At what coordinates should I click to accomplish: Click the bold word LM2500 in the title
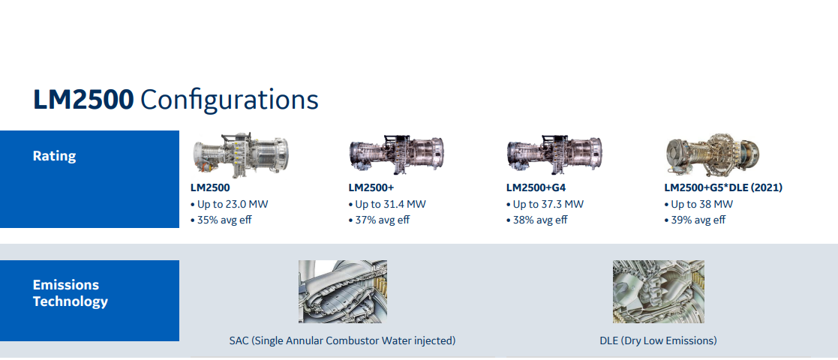(83, 100)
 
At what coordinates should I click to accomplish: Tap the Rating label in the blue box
(55, 156)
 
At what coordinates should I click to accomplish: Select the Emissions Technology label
(71, 293)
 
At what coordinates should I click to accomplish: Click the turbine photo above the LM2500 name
(241, 155)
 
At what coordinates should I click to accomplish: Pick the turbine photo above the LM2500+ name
(397, 155)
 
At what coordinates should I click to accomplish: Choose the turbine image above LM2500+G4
(554, 155)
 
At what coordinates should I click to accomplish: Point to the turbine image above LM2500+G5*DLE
(713, 154)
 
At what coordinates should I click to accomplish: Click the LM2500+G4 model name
(536, 188)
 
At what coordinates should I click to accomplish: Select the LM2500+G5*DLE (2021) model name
(724, 188)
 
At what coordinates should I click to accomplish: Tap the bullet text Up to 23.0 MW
(230, 205)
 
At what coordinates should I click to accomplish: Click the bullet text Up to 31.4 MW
(387, 205)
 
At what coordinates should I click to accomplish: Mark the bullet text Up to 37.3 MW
(545, 205)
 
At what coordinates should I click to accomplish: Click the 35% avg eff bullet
(221, 220)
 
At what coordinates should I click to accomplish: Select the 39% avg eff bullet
(695, 220)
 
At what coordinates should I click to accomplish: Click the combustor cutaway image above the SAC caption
(343, 292)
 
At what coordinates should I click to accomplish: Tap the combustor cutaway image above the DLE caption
(659, 292)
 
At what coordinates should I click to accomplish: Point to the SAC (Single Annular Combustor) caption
(343, 340)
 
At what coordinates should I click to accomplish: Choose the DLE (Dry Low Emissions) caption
(659, 340)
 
